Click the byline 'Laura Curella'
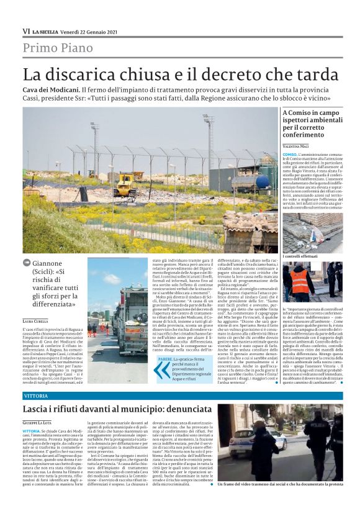pos(37,319)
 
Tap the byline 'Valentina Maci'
pos(297,144)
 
